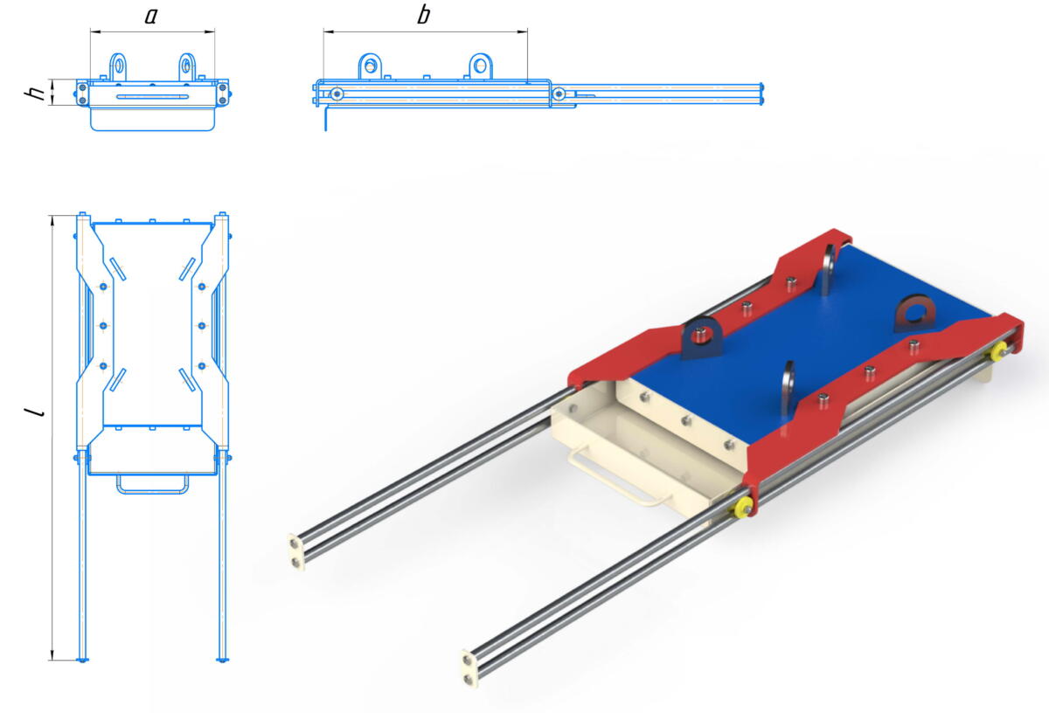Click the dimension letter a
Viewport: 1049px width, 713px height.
(x=150, y=16)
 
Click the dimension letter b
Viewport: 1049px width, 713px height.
(x=423, y=15)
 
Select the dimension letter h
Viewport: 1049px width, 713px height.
(x=35, y=93)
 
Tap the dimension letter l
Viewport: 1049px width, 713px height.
(x=35, y=412)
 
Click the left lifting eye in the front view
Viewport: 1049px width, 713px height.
(x=118, y=67)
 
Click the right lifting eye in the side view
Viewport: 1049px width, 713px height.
(x=481, y=66)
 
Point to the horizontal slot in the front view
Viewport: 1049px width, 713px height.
(x=153, y=97)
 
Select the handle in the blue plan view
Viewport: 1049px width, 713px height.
(x=152, y=486)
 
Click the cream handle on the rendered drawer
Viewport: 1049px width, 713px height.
(x=614, y=478)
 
